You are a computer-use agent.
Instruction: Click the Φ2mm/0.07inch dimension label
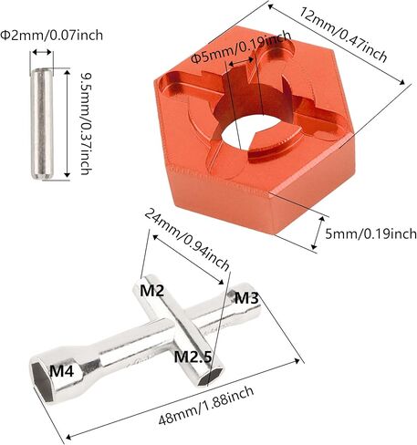pyautogui.click(x=51, y=36)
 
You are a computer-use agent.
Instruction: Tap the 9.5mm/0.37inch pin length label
pyautogui.click(x=86, y=124)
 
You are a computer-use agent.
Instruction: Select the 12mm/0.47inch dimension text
pyautogui.click(x=343, y=35)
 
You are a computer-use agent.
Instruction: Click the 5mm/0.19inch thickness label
pyautogui.click(x=370, y=233)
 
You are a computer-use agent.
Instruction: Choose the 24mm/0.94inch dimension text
pyautogui.click(x=186, y=240)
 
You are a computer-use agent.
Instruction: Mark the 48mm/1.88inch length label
pyautogui.click(x=206, y=406)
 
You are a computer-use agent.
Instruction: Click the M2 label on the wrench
pyautogui.click(x=151, y=291)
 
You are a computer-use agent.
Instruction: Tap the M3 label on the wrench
pyautogui.click(x=246, y=298)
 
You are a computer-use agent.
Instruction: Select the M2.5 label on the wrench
pyautogui.click(x=193, y=357)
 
